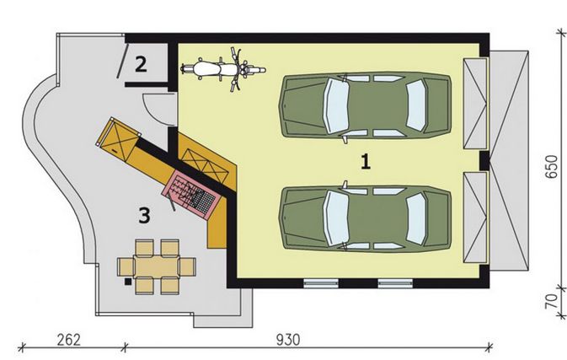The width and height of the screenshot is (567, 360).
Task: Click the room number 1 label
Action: click(365, 162)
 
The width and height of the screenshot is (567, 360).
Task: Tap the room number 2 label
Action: click(142, 64)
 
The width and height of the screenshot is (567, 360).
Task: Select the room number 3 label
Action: click(145, 216)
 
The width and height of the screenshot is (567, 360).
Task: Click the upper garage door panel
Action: click(477, 105)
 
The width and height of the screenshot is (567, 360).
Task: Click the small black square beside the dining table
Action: click(126, 283)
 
